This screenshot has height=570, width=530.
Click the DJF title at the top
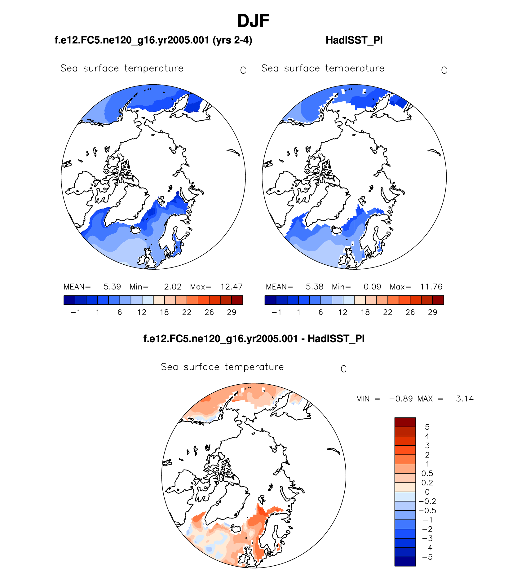click(253, 21)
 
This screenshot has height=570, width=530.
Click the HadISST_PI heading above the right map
click(354, 40)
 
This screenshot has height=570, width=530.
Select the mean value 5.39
click(112, 287)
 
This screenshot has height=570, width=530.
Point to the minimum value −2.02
click(170, 287)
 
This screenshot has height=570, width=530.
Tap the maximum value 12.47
click(231, 287)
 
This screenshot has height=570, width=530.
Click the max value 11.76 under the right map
click(431, 287)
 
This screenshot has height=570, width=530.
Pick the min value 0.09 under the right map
click(372, 287)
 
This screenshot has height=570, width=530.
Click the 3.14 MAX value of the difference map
click(465, 399)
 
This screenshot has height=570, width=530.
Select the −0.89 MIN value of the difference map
click(401, 399)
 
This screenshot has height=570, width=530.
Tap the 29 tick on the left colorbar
click(232, 312)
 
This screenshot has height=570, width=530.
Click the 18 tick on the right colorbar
click(365, 312)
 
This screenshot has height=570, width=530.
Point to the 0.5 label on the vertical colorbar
click(427, 473)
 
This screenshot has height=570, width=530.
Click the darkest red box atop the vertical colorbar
click(405, 422)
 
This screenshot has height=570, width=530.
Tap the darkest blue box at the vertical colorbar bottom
click(405, 561)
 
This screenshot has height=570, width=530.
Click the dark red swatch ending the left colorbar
click(237, 300)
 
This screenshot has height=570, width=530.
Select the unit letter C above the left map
click(243, 71)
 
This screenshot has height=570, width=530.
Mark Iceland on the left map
click(136, 230)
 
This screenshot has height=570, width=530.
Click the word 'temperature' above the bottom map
click(254, 367)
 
